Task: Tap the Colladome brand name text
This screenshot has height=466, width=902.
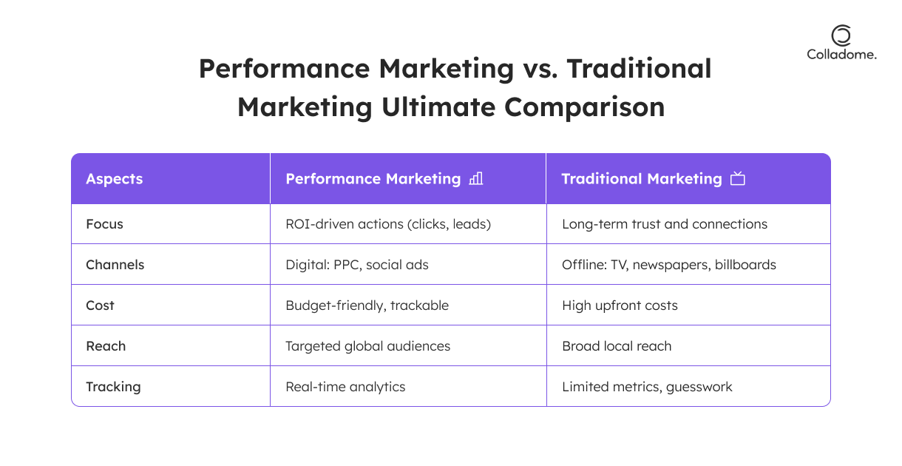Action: pos(841,55)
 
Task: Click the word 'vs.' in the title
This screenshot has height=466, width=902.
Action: pos(540,69)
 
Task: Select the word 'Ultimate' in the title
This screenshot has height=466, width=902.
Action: pos(438,107)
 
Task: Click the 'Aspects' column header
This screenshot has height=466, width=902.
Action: pos(115,179)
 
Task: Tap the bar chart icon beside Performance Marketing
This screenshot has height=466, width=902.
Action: pos(476,178)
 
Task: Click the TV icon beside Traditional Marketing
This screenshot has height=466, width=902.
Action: pos(738,178)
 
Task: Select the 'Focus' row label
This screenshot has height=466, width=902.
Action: pos(104,224)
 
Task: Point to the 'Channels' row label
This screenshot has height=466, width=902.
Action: pos(115,265)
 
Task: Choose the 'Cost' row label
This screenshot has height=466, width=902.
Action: pos(100,305)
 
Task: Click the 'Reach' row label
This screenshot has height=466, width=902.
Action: pos(106,346)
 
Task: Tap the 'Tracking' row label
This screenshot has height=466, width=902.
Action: pos(113,387)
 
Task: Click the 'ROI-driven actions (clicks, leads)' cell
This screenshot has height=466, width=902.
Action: pos(388,224)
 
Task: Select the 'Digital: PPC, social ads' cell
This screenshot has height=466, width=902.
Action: pos(357,265)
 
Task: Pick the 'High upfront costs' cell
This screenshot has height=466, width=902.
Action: pos(620,305)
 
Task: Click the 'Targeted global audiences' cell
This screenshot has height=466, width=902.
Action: pos(367,346)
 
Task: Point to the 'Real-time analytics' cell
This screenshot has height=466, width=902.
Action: pos(345,387)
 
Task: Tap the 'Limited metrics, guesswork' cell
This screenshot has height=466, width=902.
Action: pos(647,387)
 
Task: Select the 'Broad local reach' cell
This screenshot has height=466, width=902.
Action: pos(617,346)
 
